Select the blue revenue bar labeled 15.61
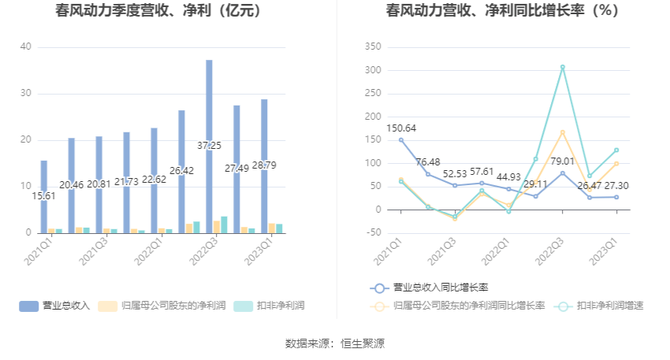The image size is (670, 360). [x=44, y=197]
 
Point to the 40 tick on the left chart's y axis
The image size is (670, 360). [x=26, y=47]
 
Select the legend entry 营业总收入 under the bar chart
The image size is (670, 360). [x=55, y=306]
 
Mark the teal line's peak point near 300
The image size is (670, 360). [x=562, y=67]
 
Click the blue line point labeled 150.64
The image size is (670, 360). [x=400, y=140]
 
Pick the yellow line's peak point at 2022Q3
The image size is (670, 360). [x=562, y=132]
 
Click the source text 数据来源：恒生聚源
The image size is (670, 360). [x=334, y=343]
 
